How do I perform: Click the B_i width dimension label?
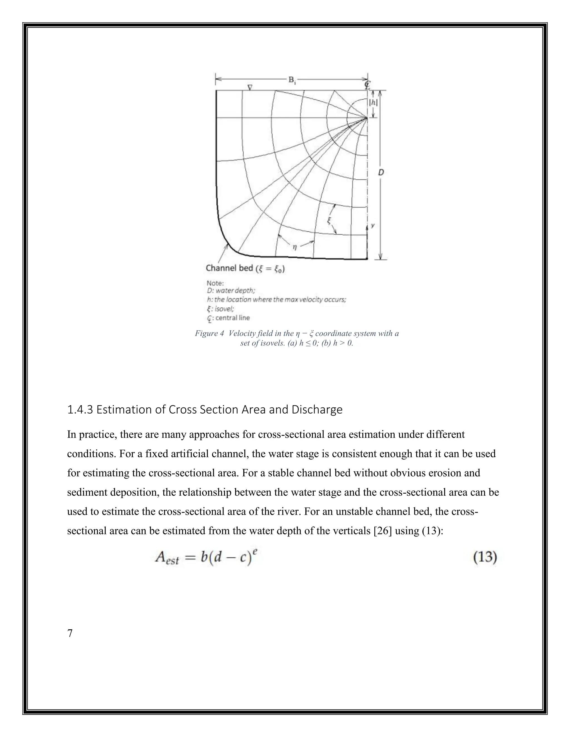pos(292,80)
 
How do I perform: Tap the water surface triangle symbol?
pos(250,87)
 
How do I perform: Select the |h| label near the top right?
pos(373,103)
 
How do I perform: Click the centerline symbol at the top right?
pos(367,84)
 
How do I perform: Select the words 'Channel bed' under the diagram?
pos(229,268)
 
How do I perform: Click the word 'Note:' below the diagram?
pos(215,283)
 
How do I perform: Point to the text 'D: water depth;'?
pos(231,291)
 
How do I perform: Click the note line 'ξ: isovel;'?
pos(220,308)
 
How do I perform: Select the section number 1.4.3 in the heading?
pos(80,410)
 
